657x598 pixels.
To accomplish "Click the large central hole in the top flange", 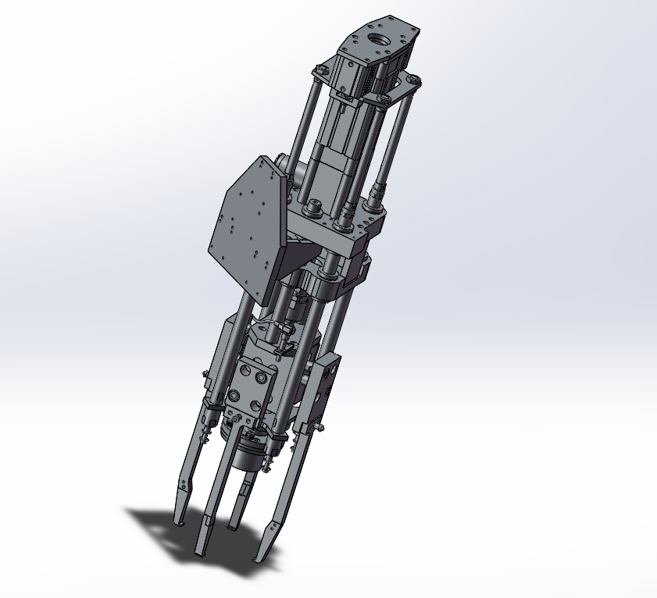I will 381,37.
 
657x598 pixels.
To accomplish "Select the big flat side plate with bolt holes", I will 244,219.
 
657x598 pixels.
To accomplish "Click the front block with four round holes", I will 250,386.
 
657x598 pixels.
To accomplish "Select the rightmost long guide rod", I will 395,141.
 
